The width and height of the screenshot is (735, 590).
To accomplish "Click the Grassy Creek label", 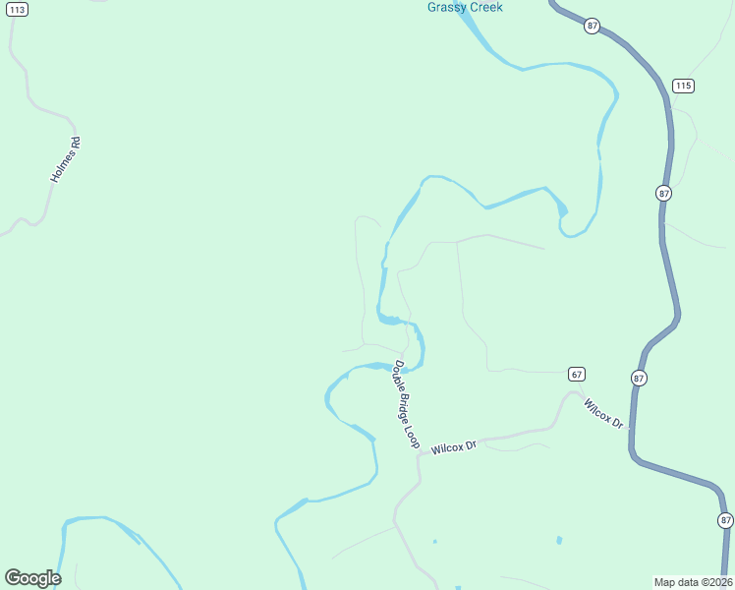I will (465, 7).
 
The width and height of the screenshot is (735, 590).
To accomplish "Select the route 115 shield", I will (684, 86).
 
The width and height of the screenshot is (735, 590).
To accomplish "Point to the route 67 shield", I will (577, 374).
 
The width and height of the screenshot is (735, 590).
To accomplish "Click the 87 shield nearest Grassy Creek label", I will (592, 26).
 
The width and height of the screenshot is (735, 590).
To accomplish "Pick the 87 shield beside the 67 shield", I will (639, 378).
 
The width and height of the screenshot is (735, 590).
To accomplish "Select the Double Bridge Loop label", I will (407, 404).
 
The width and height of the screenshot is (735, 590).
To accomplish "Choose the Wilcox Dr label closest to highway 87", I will (603, 413).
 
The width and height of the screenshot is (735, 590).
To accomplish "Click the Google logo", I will (32, 577).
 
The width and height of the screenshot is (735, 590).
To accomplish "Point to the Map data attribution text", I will (693, 581).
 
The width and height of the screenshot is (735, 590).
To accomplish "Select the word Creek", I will (485, 7).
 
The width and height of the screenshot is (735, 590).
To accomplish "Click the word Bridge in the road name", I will (407, 404).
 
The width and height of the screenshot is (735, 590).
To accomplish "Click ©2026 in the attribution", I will (714, 581).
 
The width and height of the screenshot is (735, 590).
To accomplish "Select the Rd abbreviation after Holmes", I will (76, 142).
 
